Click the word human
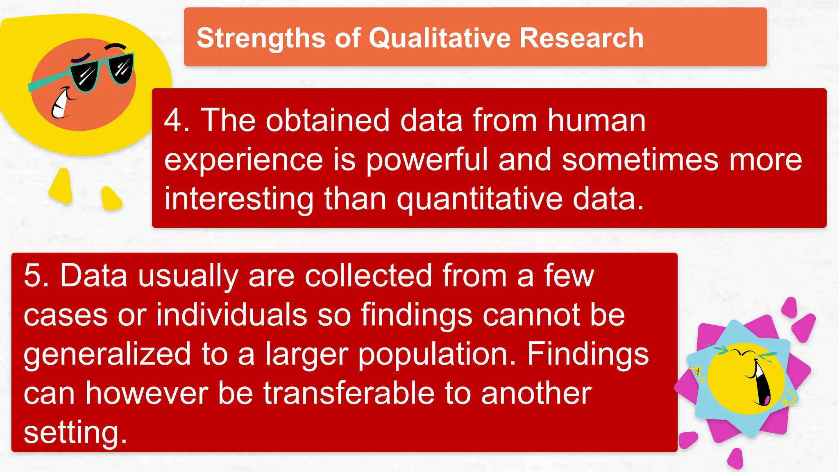[x=596, y=120]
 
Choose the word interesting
[x=239, y=199]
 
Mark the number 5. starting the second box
[x=36, y=275]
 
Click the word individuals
[x=231, y=315]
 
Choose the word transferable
[x=349, y=393]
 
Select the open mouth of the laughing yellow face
[x=761, y=383]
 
